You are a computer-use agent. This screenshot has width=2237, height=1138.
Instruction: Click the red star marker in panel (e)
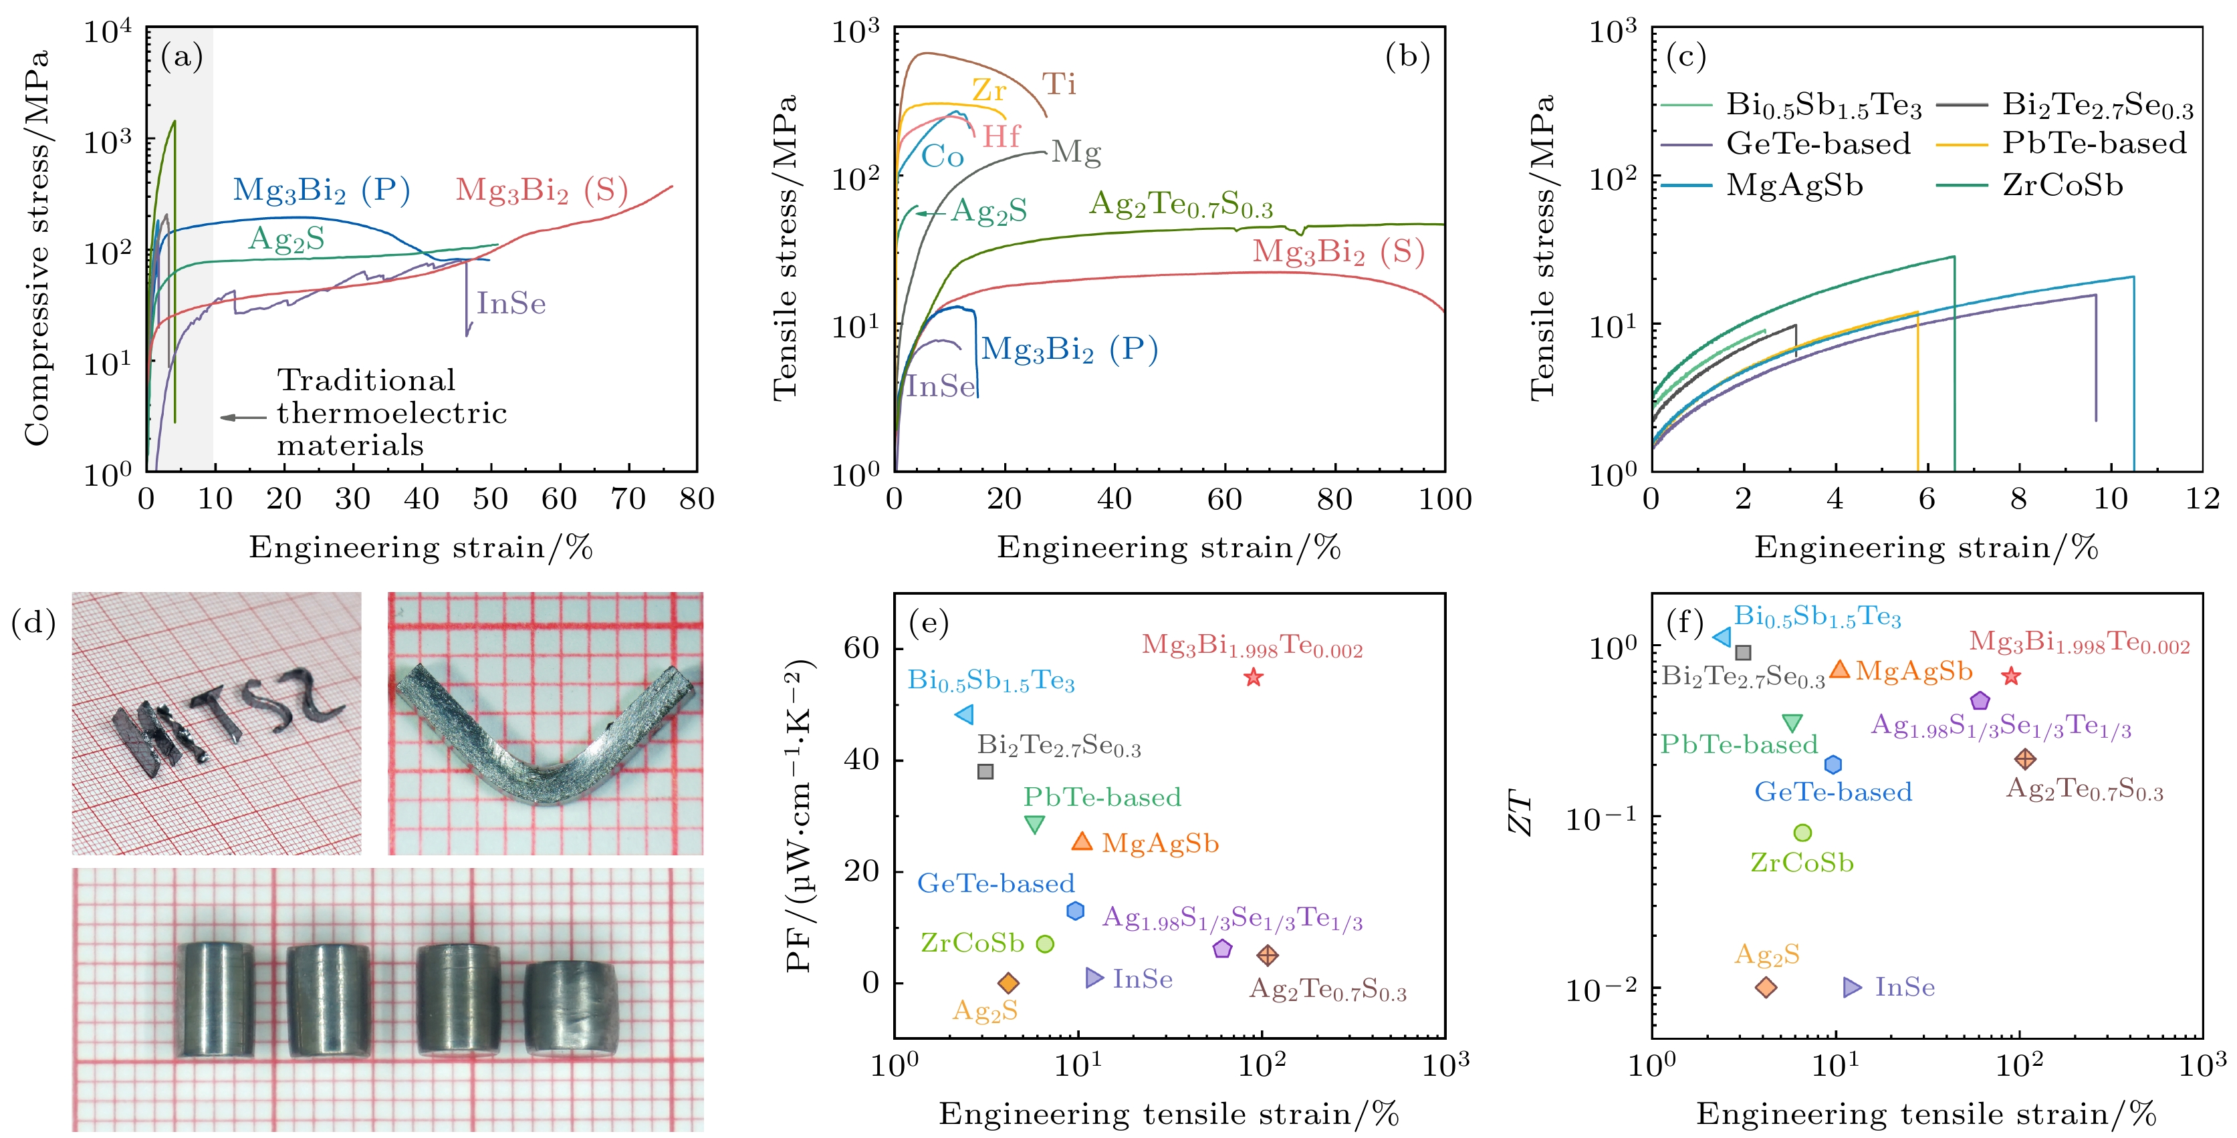pos(1252,677)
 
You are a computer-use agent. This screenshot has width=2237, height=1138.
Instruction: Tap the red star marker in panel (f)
pos(2011,676)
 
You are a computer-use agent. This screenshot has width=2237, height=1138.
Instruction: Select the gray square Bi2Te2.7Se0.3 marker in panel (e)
pos(985,771)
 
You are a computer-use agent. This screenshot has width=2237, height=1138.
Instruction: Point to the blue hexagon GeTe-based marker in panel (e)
pos(1075,911)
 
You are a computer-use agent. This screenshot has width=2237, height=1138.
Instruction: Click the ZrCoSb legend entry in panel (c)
pos(2063,186)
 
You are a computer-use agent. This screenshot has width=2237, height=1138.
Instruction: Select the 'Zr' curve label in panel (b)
pos(989,90)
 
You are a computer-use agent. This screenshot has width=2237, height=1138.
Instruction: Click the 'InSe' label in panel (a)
pos(511,304)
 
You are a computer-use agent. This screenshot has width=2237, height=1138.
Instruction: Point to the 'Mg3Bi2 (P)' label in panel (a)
pos(322,190)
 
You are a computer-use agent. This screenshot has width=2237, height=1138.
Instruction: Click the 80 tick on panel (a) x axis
pos(697,499)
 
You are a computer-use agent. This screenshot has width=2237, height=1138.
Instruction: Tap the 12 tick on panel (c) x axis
pos(2202,499)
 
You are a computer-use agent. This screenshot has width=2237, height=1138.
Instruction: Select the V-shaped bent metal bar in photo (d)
pos(546,738)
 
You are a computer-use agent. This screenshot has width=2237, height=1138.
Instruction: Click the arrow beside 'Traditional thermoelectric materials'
pos(243,418)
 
